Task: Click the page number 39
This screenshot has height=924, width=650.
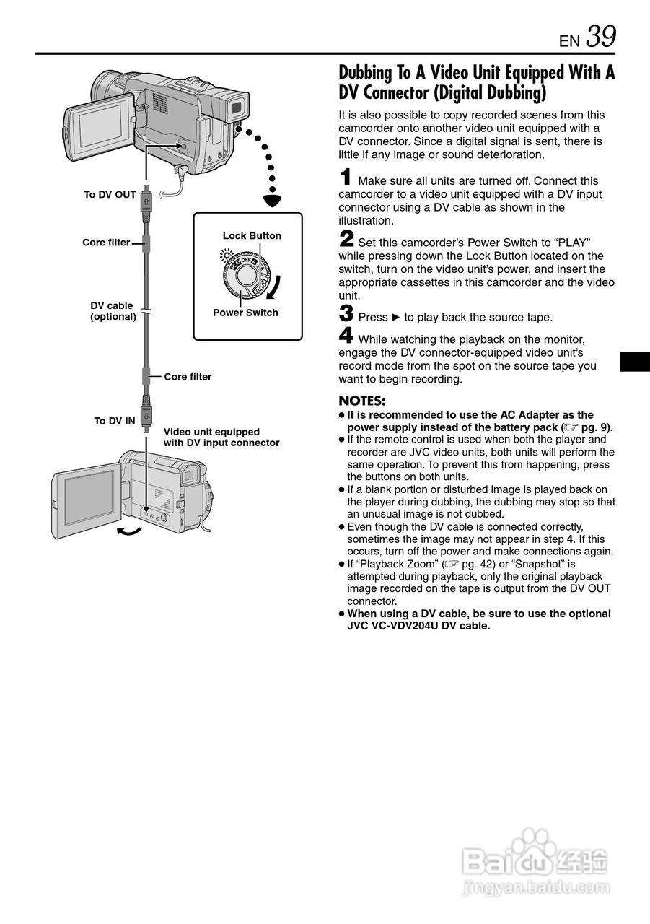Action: [x=601, y=36]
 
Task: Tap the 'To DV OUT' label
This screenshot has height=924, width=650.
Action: [x=110, y=195]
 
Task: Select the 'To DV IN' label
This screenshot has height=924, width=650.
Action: [x=114, y=421]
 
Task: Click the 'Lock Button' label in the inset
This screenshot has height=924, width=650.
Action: [x=252, y=236]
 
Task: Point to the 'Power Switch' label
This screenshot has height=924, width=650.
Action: [x=245, y=313]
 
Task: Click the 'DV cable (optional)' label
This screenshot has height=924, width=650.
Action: [x=113, y=311]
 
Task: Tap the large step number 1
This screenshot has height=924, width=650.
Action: [x=346, y=178]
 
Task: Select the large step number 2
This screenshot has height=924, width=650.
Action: [x=346, y=240]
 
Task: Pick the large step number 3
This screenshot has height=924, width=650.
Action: [x=346, y=314]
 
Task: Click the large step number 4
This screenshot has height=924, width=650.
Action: [x=346, y=336]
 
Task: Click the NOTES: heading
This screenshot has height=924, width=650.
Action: [x=361, y=401]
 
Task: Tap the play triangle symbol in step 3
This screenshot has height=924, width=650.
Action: [x=395, y=317]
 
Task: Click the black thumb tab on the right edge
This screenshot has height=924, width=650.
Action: [x=635, y=361]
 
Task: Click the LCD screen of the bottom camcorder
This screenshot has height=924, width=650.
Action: [x=89, y=497]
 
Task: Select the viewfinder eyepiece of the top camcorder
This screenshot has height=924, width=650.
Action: [x=237, y=108]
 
